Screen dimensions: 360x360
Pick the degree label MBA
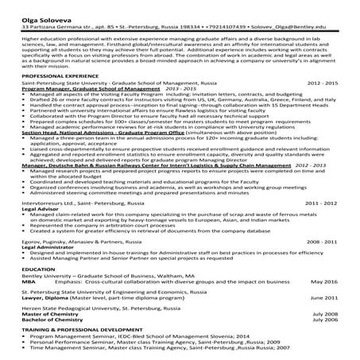(29, 281)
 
